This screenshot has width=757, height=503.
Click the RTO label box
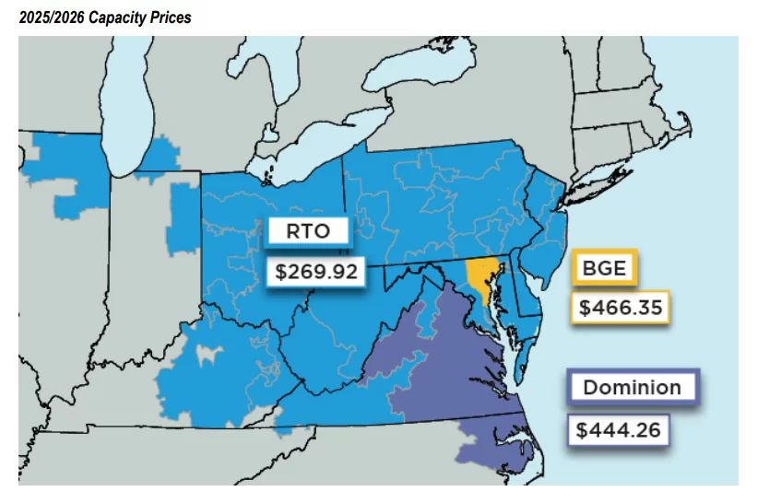[308, 231]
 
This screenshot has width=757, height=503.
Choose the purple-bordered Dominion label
[633, 387]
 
